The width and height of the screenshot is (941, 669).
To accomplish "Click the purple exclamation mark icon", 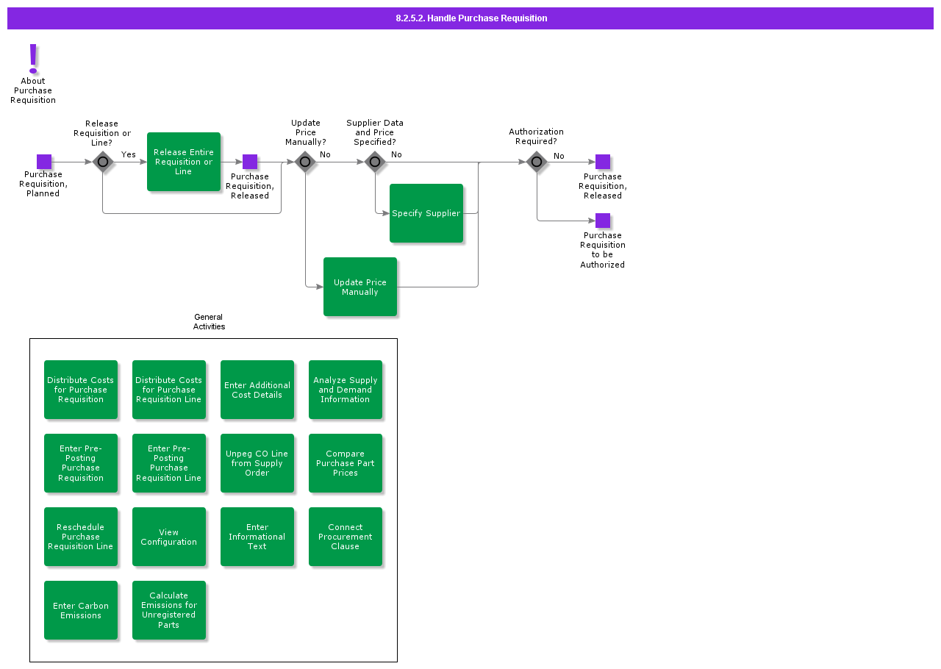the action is click(33, 59).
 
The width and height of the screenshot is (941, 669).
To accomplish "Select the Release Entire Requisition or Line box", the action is click(184, 162).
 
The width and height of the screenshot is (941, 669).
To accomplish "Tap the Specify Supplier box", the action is click(426, 213).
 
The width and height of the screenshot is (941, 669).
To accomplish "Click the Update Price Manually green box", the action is click(360, 287).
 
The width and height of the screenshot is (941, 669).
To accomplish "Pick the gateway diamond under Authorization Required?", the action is click(537, 162).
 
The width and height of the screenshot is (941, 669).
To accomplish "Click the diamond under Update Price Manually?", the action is click(305, 162).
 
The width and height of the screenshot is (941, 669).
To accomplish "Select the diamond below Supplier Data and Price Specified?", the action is click(375, 162).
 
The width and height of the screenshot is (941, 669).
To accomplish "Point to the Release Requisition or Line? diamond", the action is click(102, 162).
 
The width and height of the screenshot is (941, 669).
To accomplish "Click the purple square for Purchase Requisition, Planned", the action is click(44, 162).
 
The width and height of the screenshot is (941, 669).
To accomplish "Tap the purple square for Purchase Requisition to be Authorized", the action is click(603, 221).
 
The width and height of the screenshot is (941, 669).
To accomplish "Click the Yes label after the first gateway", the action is click(129, 154).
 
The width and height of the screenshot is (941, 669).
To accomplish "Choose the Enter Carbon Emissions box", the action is click(81, 610).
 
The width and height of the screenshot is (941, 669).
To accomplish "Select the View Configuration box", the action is click(169, 537).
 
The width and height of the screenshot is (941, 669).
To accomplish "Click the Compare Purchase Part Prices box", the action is click(346, 463).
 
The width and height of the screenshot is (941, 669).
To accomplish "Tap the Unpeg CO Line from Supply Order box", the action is click(257, 463).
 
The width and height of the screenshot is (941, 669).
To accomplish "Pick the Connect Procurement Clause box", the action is click(346, 537).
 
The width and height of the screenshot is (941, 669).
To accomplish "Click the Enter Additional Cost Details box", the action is click(257, 390).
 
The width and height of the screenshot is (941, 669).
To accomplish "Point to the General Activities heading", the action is click(209, 321).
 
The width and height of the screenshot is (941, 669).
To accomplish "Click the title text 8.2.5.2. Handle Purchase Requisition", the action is click(471, 18).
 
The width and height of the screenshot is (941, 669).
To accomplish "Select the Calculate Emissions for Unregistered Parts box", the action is click(169, 610).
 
